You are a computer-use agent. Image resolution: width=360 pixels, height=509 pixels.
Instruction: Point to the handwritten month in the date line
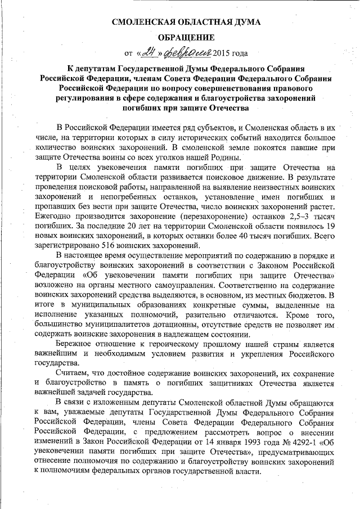coord(185,53)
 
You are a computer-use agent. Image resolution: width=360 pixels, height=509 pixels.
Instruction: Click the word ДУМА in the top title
coord(232,23)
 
